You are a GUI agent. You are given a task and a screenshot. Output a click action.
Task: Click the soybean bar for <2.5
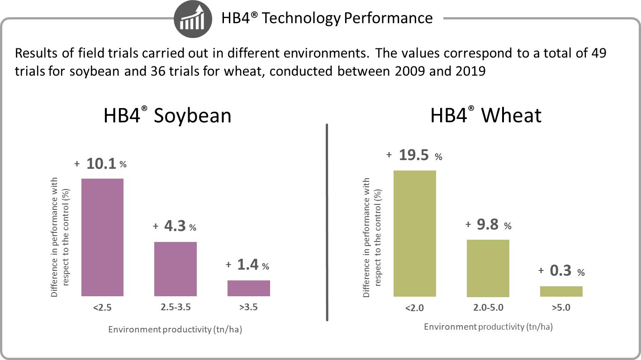(x=102, y=237)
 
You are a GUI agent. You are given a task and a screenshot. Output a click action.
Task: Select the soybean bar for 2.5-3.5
(x=176, y=269)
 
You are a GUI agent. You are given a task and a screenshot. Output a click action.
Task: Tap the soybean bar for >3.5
(x=248, y=288)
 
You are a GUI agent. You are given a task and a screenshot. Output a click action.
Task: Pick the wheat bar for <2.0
(x=415, y=233)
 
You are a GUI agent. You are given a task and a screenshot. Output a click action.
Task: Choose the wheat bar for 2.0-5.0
(x=488, y=268)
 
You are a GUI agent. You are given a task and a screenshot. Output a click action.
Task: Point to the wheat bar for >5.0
(x=561, y=291)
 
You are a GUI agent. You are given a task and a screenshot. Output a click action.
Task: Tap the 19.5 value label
(x=414, y=155)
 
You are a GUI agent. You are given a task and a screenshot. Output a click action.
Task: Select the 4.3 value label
(x=175, y=226)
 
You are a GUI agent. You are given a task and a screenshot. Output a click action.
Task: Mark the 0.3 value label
(x=560, y=271)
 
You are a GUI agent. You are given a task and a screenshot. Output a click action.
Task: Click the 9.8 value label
(x=488, y=224)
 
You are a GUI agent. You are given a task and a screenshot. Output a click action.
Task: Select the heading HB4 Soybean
(x=167, y=115)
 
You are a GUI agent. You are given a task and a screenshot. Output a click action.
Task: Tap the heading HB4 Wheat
(x=485, y=115)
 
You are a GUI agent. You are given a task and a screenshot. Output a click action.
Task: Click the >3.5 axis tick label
(x=248, y=308)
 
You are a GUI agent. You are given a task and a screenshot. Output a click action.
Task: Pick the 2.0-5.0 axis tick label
(x=488, y=308)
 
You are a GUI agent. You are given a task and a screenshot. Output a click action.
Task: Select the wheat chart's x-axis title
(x=488, y=327)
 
